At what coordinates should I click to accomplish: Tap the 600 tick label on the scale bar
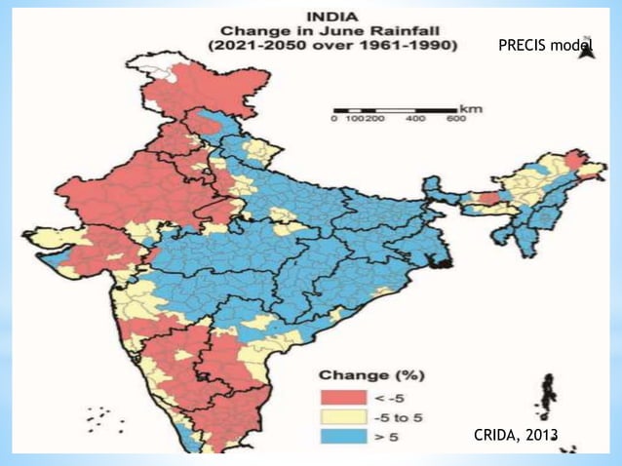454,119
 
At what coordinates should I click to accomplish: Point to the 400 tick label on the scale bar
414,119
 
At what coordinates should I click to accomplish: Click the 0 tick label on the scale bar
334,119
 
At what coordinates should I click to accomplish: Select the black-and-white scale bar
394,109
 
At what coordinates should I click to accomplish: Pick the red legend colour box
339,397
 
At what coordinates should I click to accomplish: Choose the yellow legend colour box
339,418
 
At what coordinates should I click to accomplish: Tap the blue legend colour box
339,440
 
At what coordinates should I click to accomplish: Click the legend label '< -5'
382,397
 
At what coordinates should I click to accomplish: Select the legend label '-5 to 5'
394,418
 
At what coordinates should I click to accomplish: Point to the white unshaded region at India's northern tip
164,66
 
